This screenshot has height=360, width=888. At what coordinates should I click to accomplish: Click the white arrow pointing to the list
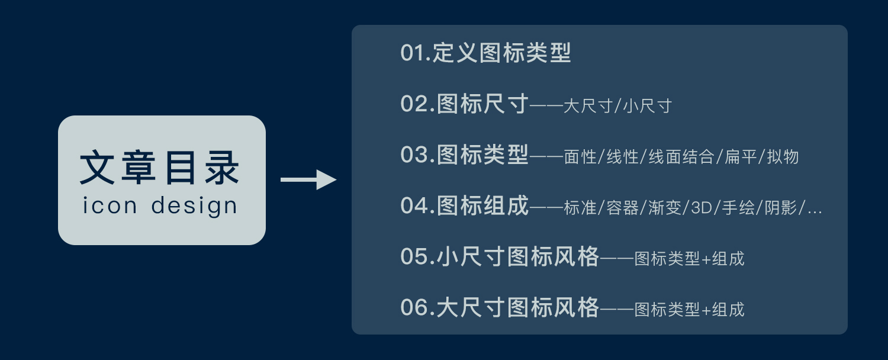coord(308,179)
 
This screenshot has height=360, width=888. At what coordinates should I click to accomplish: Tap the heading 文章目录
coord(159,168)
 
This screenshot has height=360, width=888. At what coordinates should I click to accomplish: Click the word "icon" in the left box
coord(110,205)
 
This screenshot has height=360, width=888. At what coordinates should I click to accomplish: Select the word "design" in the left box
coord(194,206)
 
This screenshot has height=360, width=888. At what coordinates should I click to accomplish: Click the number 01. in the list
coord(416,53)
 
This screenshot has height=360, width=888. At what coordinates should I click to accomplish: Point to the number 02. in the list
coord(418,104)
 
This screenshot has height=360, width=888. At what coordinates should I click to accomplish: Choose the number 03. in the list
coord(418,155)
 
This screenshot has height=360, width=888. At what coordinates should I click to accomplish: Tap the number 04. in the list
coord(418,205)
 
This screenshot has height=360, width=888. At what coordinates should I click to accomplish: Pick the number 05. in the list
coord(418,256)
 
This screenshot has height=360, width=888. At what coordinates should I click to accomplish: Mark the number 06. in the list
coord(418,307)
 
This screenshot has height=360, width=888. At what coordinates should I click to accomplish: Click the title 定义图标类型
coord(501,53)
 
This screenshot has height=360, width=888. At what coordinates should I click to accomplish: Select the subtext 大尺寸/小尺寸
coord(617,106)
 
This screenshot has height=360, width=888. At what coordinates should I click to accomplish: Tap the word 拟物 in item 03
coord(783,156)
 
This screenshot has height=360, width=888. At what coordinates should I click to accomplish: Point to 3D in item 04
coord(702,208)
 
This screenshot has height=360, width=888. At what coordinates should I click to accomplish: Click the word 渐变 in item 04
coord(664,208)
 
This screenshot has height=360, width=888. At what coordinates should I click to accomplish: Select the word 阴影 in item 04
coord(781,208)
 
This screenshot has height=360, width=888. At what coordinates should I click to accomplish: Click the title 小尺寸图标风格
coord(518,256)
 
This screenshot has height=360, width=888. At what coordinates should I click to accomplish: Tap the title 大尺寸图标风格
coord(518,307)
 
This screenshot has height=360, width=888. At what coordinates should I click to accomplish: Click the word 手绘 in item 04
coord(738,208)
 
